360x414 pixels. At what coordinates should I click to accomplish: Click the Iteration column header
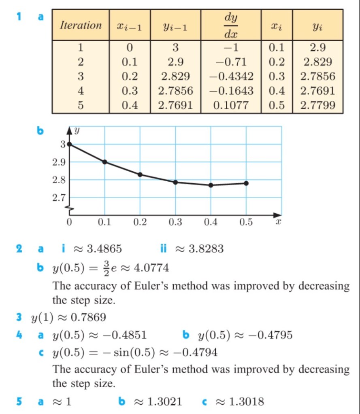click(81, 25)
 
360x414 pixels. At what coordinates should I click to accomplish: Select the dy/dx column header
click(231, 25)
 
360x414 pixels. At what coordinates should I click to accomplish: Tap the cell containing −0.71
click(231, 62)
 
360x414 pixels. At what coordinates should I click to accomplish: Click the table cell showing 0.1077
click(231, 106)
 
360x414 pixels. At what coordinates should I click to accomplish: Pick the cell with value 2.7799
click(317, 106)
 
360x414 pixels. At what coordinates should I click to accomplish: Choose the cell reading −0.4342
click(231, 76)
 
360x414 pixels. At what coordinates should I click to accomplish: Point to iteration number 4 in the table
click(81, 91)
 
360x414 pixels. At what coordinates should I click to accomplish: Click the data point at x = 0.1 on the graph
click(105, 162)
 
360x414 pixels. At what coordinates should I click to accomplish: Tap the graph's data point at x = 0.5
click(246, 183)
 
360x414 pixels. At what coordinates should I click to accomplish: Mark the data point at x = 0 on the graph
click(70, 144)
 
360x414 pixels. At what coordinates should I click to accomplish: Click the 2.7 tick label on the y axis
click(60, 198)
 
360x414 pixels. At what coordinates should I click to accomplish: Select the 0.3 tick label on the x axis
click(175, 222)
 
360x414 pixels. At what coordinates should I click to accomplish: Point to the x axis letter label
click(278, 222)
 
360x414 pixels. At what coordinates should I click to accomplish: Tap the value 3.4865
click(105, 248)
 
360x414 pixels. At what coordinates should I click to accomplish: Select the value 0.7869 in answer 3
click(88, 317)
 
